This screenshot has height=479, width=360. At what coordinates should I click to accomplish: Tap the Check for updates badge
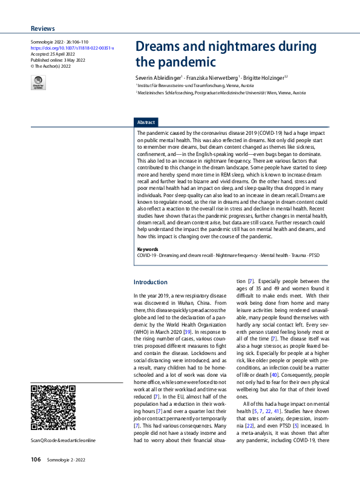(38, 83)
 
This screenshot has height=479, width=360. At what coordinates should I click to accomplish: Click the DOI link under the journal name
(72, 48)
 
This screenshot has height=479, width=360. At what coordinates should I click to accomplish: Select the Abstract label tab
(146, 122)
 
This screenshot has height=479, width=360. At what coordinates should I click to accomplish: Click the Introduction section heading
(150, 282)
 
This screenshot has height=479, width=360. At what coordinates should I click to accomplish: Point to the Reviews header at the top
(42, 28)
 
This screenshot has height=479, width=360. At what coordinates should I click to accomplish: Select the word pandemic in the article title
(185, 62)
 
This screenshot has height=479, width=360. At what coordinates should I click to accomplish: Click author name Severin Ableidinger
(160, 78)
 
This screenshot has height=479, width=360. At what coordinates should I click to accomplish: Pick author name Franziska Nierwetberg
(212, 78)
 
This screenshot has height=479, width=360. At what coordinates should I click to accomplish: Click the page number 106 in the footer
(36, 460)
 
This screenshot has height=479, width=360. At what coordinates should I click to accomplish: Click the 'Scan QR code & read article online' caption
(63, 440)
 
